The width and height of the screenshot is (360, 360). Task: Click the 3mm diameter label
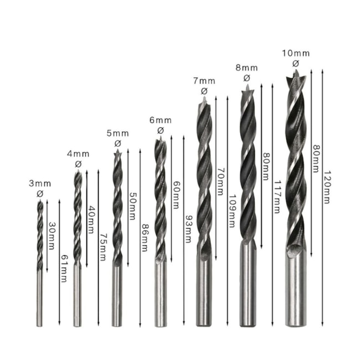click(x=40, y=184)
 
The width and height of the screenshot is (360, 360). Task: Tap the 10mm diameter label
click(x=296, y=54)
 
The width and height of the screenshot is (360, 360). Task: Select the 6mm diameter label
click(x=161, y=120)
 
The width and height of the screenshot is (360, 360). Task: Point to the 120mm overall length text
click(x=327, y=187)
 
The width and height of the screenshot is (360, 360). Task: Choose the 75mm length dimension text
click(x=102, y=247)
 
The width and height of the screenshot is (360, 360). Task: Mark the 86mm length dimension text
click(x=144, y=238)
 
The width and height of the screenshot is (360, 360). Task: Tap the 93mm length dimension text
click(x=188, y=229)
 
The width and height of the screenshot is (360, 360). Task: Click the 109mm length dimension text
click(x=232, y=211)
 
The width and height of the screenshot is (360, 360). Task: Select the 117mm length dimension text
click(x=277, y=197)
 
